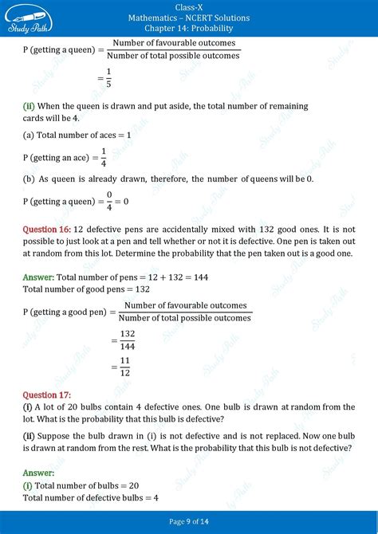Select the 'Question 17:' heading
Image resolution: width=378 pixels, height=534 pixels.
tap(47, 395)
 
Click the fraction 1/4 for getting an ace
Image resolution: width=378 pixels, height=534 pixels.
tap(103, 156)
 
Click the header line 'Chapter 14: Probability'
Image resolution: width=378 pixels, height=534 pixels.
tap(188, 29)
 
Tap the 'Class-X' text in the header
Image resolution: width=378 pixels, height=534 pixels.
tap(188, 6)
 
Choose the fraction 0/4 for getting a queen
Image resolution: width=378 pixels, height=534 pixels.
tap(110, 202)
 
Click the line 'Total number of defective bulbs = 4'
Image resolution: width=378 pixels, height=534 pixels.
tap(91, 497)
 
